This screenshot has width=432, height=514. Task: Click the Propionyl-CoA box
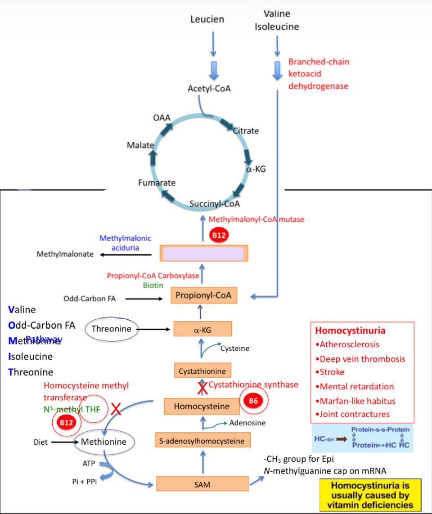[x=203, y=295]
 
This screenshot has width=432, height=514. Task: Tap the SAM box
[x=202, y=484]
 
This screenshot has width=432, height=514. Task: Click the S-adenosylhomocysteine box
[x=202, y=441]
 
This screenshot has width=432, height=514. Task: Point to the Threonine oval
[x=111, y=329]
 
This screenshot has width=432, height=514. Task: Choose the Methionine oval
[x=103, y=442]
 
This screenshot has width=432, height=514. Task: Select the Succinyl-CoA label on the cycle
[x=215, y=204]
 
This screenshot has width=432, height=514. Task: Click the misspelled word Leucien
[x=207, y=19]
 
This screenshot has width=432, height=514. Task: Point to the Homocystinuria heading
[x=350, y=331]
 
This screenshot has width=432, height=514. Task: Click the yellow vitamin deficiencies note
[x=370, y=495]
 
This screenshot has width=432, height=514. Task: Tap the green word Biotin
[x=153, y=285]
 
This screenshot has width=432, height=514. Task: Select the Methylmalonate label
[x=65, y=254]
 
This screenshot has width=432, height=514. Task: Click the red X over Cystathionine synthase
[x=202, y=387]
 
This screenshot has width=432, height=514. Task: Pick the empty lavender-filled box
[x=203, y=254]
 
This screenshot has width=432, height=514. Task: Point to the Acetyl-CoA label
[x=209, y=89]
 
